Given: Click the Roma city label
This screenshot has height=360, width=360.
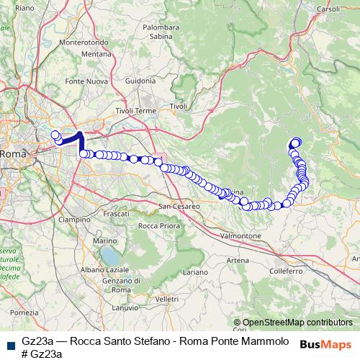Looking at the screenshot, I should point(13,154).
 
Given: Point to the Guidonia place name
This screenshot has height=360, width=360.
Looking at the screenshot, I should point(140,81).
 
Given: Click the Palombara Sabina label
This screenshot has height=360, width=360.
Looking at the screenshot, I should point(160,32).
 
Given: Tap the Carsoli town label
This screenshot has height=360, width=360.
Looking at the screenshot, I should point(328,9).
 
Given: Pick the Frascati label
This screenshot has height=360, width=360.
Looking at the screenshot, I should point(117,215).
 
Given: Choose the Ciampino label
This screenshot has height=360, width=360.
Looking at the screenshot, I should point(75,219).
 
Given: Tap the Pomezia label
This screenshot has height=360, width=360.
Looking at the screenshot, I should point(24,312).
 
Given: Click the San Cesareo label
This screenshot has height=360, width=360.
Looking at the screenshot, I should point(179,206).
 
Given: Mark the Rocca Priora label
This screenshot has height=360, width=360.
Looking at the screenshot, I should point(158,226).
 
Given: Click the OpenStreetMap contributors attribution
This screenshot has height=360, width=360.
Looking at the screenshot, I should point(297,323).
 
